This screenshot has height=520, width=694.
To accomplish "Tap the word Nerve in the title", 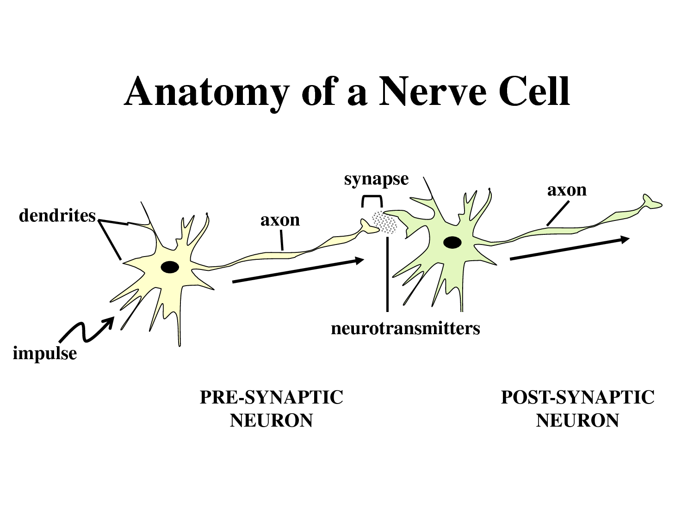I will pos(433,92).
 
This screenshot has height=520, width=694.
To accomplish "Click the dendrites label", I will pos(57,215).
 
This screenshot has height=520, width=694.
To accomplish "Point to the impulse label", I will pos(44,353).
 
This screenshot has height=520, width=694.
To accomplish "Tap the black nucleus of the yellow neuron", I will pos(170,267).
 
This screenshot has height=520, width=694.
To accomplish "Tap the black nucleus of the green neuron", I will pos(452,242).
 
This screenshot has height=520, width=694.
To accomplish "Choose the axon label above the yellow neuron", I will pos(280,220).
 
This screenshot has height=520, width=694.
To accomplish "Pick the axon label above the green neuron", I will pos(567,190).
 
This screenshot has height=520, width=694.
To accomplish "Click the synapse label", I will pos(376,179).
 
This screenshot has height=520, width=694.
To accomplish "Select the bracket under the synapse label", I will pos(372,200).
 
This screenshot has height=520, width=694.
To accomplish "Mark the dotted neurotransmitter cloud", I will pos(384,222).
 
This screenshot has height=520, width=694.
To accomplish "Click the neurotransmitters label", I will pos(405,328).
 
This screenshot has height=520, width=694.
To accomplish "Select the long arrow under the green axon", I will pos(569,249).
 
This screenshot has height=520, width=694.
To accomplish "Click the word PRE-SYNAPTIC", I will pos(271,397).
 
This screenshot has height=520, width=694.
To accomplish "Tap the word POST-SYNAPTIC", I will pos(577,397).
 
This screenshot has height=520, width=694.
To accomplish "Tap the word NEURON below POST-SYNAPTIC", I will pos(577,421).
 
